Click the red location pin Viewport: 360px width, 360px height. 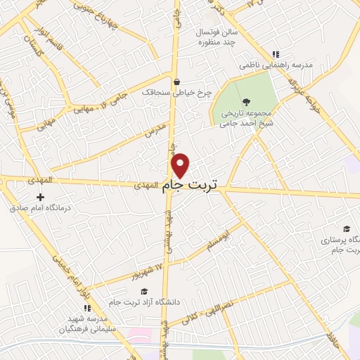point(181,165)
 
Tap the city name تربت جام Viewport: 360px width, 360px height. point(190,185)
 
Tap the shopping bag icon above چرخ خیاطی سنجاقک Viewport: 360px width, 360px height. point(176,80)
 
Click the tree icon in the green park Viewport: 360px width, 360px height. point(245,101)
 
